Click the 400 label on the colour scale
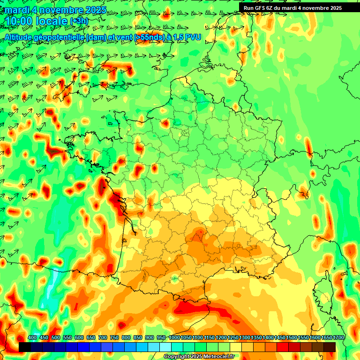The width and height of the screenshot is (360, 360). point(32,338)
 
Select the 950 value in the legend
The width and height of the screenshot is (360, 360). point(161,338)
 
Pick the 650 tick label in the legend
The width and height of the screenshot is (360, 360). point(91,338)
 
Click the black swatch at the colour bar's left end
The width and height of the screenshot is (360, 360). point(25,347)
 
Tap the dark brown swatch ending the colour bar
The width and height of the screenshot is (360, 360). point(330,347)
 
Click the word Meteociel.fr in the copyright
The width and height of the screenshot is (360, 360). point(217,357)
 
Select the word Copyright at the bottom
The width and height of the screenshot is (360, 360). point(177,357)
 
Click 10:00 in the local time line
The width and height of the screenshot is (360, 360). point(19,21)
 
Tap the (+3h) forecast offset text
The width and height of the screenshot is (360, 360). point(79,21)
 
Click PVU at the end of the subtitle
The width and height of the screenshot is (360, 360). point(193,37)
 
